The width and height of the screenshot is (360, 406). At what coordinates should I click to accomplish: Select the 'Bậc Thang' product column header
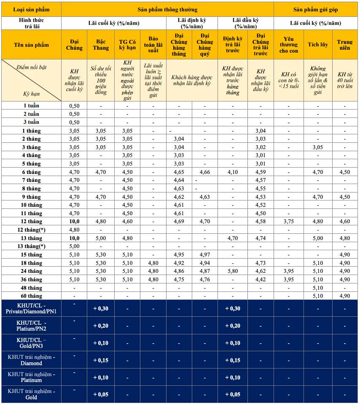pyautogui.click(x=101, y=45)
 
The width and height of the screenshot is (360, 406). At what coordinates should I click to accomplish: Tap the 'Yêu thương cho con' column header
pyautogui.click(x=288, y=45)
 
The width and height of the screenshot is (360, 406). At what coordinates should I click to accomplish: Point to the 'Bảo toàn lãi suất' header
pyautogui.click(x=153, y=45)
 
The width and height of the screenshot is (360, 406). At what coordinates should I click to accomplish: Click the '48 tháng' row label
pyautogui.click(x=32, y=288)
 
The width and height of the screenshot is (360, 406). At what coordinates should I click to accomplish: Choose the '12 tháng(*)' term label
pyautogui.click(x=32, y=230)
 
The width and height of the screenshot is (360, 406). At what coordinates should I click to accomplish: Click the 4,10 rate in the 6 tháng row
pyautogui.click(x=232, y=172)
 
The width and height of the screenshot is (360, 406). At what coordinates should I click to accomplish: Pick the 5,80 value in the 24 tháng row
pyautogui.click(x=232, y=271)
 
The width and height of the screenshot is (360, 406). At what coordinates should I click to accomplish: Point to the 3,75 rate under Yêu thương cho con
pyautogui.click(x=288, y=222)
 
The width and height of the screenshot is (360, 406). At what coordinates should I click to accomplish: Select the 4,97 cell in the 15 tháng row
pyautogui.click(x=205, y=255)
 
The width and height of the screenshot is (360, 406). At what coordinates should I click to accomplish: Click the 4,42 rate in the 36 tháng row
pyautogui.click(x=261, y=280)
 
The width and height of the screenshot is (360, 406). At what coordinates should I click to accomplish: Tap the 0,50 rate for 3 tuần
pyautogui.click(x=74, y=122)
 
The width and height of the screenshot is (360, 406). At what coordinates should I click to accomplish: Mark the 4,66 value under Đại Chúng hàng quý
pyautogui.click(x=205, y=172)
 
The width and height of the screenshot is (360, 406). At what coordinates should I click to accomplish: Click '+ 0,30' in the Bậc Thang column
pyautogui.click(x=101, y=309)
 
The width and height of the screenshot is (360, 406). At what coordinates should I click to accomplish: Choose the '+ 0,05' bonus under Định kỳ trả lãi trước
pyautogui.click(x=232, y=394)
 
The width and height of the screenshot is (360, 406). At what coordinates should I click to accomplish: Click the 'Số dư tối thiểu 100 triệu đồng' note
pyautogui.click(x=101, y=80)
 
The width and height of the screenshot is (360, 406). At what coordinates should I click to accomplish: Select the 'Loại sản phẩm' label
pyautogui.click(x=31, y=9)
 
